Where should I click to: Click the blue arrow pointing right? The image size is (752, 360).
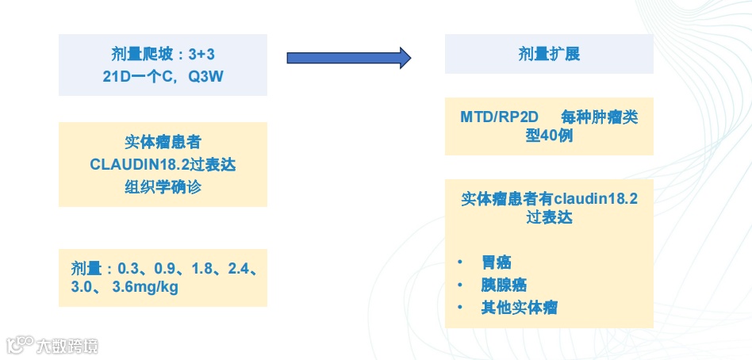coord(348,57)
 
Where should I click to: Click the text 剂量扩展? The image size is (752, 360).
coord(548,55)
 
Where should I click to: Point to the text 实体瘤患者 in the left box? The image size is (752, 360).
coord(163,144)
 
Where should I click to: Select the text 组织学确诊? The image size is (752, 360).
coord(163,188)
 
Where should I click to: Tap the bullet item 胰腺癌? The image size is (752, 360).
coord(503,285)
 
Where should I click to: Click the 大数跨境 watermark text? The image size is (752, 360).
coord(67,347)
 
